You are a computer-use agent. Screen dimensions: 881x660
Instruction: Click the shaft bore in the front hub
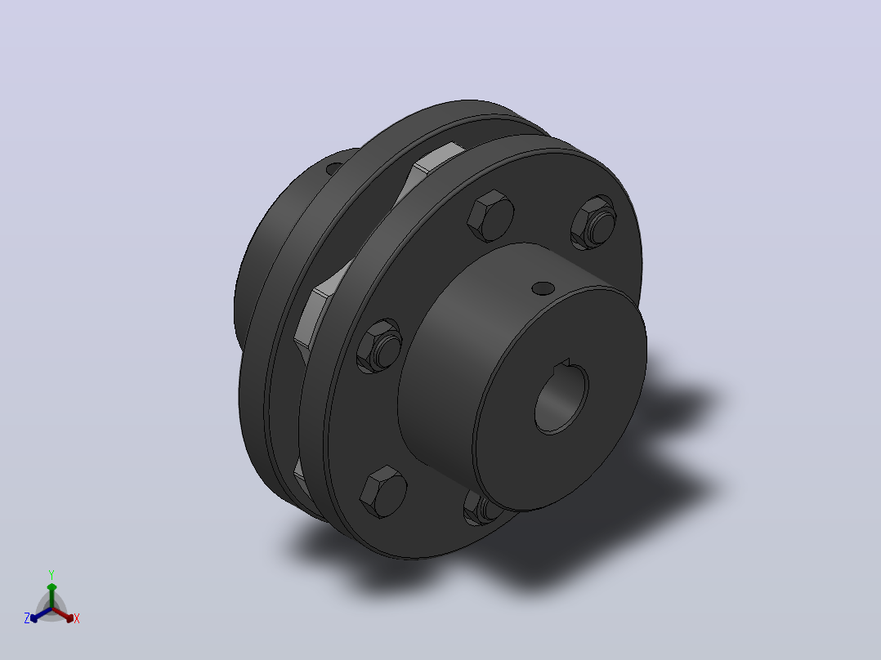coord(561,398)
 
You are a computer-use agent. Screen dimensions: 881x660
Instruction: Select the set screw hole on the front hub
coord(543,288)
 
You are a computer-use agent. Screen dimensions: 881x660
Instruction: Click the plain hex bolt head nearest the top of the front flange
coord(490,216)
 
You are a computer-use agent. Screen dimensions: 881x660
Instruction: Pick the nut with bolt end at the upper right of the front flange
coord(593,222)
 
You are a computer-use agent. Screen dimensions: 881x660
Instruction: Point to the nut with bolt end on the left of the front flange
coord(380,346)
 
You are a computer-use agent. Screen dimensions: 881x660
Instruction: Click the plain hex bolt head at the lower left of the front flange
coord(383,492)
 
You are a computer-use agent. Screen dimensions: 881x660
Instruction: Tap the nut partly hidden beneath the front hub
coord(481,508)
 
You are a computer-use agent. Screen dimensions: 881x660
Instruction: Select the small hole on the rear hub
coord(333,167)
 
